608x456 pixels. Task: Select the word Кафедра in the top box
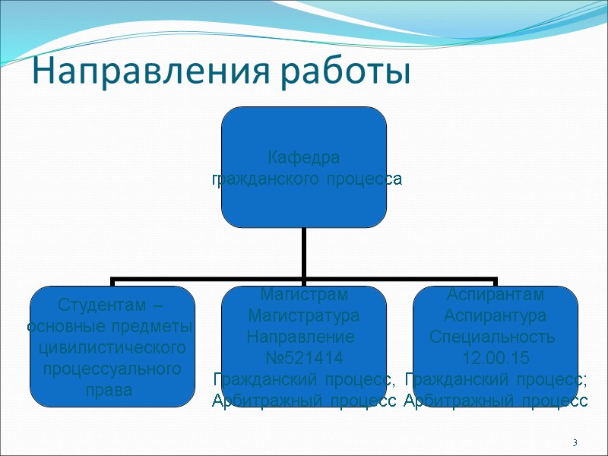(x=304, y=158)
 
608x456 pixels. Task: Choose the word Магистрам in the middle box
(x=304, y=294)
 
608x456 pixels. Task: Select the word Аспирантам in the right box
(x=496, y=294)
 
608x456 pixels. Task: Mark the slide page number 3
(x=575, y=443)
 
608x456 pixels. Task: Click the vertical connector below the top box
(x=304, y=252)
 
